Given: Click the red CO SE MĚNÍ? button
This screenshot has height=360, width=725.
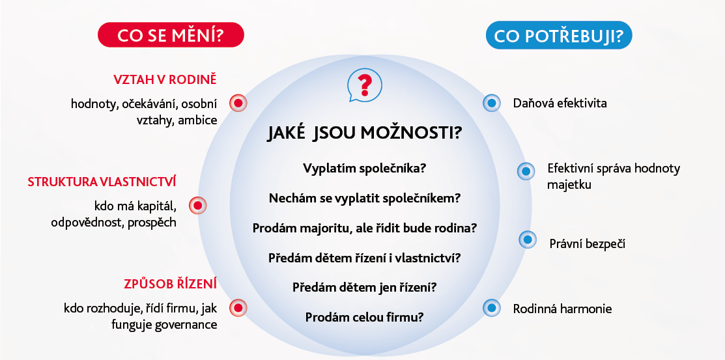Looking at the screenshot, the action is [x=171, y=35].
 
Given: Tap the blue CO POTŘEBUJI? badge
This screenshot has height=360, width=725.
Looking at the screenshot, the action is [x=558, y=35].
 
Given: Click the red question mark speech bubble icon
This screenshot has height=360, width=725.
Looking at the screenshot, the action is [x=365, y=85].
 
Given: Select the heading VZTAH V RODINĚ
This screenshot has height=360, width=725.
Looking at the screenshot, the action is [x=165, y=79].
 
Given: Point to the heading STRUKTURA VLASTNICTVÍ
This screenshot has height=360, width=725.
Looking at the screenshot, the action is [x=102, y=182].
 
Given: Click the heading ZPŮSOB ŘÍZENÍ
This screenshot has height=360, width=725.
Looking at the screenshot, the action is [x=170, y=284].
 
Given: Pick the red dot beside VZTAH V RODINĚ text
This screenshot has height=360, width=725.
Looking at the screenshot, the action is [x=238, y=103].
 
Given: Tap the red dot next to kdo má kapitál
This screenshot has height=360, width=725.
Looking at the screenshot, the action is [x=198, y=205].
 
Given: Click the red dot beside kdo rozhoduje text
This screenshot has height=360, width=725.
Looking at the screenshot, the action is [x=238, y=308].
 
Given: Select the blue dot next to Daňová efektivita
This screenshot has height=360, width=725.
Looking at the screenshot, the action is [x=492, y=103].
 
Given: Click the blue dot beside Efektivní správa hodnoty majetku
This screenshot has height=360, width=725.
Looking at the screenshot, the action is [x=526, y=171].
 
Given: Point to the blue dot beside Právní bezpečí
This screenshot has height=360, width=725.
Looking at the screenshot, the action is [x=528, y=240].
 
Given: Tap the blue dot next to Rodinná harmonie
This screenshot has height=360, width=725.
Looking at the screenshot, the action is [x=492, y=308].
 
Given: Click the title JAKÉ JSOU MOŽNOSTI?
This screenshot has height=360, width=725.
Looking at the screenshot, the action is [x=364, y=133].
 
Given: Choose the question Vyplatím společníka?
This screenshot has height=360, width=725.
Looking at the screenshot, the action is [x=364, y=168].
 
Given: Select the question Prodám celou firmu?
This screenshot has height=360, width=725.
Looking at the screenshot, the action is [x=364, y=318].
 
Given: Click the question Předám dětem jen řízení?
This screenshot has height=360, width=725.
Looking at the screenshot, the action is [x=364, y=288].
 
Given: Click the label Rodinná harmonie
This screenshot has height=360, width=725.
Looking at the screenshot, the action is [x=562, y=309].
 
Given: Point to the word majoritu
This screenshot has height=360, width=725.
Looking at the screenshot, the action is [x=320, y=228].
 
